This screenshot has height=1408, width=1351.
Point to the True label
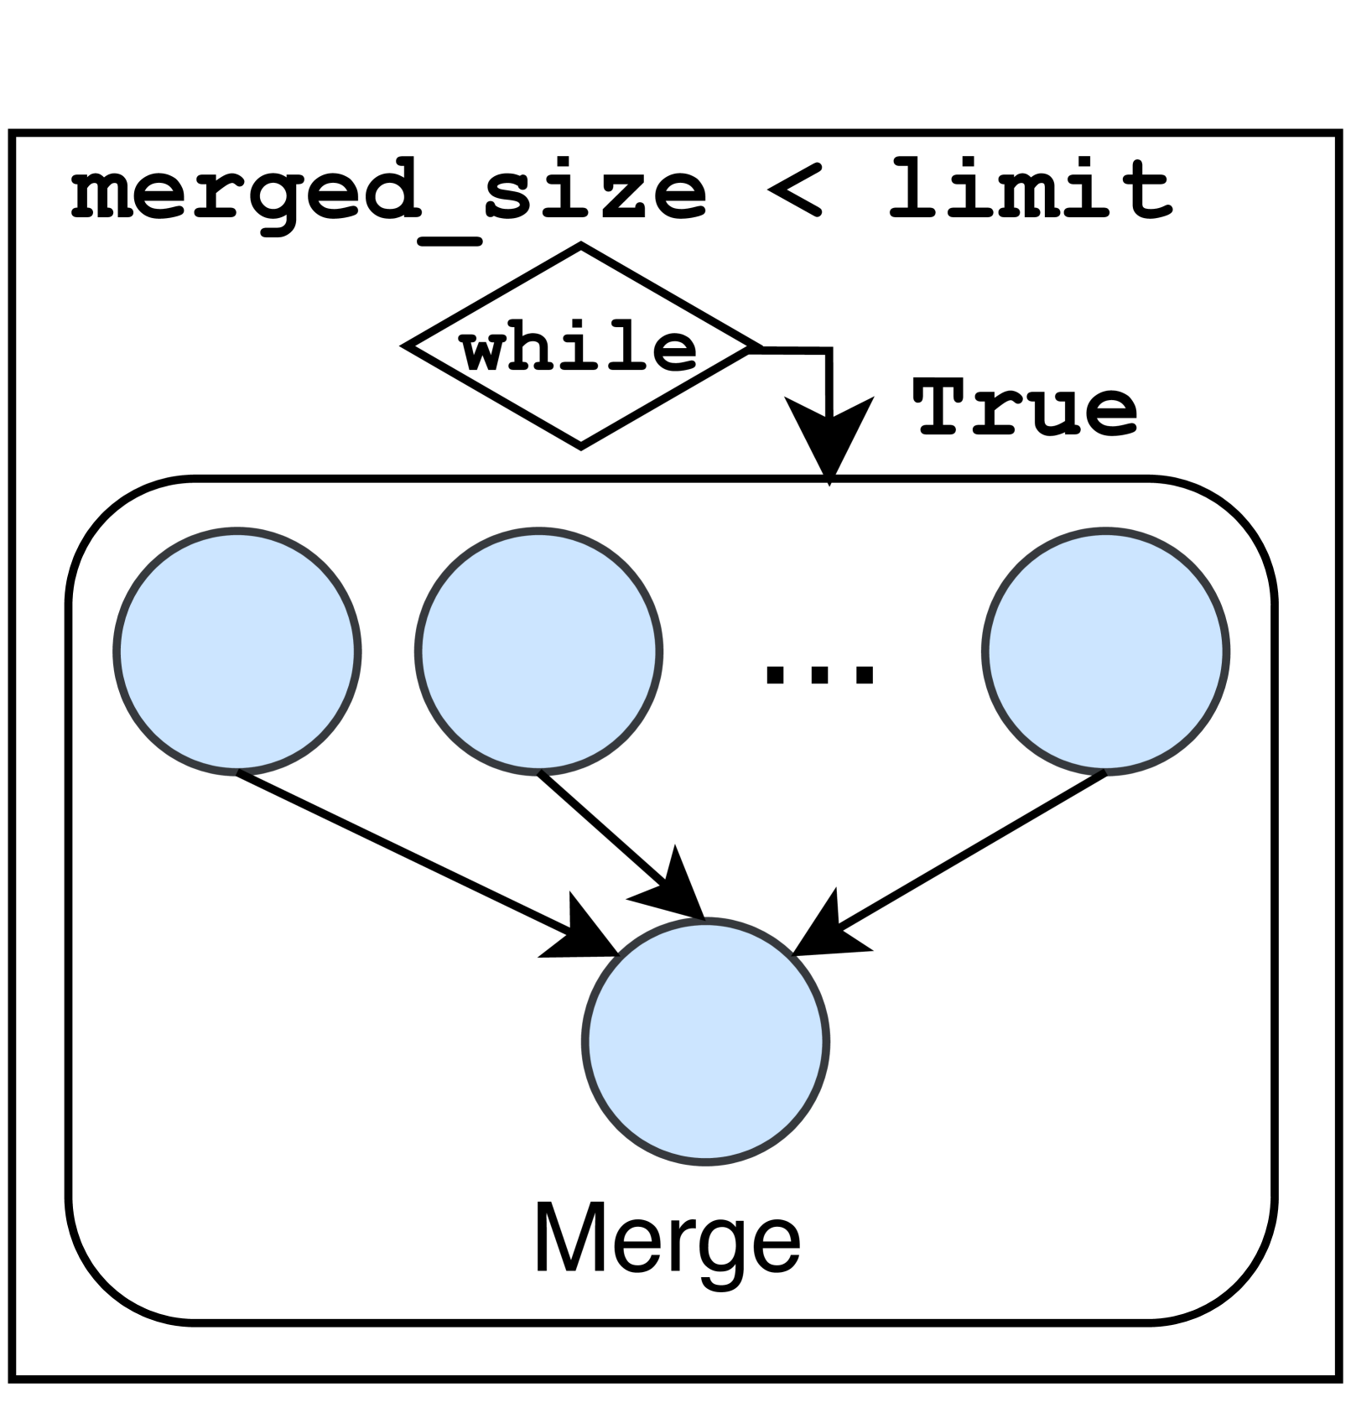coord(1025,408)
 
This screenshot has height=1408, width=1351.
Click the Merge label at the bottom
coord(668,1240)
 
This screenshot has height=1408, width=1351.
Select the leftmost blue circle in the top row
coord(237,651)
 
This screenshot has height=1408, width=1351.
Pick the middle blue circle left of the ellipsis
coord(538,651)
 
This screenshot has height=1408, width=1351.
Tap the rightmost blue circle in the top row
coord(1105,651)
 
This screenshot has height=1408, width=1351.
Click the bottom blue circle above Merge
coord(705,1041)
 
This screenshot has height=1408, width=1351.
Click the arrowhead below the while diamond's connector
coord(829,436)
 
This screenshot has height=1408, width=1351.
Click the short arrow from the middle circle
coord(604,830)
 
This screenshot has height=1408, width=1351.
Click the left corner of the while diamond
coord(408,345)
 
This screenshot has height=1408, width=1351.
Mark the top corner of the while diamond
coord(580,247)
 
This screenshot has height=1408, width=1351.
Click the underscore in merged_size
coord(449,242)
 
